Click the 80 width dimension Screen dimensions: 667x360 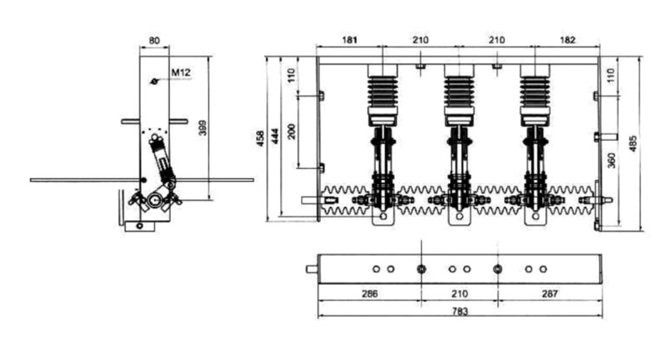click(x=154, y=41)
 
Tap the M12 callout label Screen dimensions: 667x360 click(x=181, y=72)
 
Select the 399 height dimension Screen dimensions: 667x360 click(x=203, y=128)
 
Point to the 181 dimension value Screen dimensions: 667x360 click(x=349, y=40)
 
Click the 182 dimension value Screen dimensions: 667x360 click(x=568, y=40)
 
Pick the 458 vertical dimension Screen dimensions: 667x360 click(x=260, y=138)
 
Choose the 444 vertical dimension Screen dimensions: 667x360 click(x=275, y=136)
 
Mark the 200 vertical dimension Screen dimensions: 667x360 click(x=291, y=132)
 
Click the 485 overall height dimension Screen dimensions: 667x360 click(x=633, y=143)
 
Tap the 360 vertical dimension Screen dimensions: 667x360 click(x=612, y=160)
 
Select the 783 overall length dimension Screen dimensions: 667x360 click(x=460, y=311)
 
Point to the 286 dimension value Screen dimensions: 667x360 click(x=369, y=293)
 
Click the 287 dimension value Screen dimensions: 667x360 click(x=549, y=293)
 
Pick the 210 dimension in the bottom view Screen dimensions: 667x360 click(x=460, y=293)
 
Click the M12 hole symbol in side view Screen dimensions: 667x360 click(x=155, y=81)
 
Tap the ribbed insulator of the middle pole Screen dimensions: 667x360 click(x=459, y=92)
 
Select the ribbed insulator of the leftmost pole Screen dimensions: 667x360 click(x=383, y=92)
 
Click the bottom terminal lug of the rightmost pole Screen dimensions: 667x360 click(x=535, y=217)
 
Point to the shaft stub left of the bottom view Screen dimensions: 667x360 click(x=312, y=269)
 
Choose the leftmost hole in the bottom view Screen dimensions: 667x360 click(x=376, y=269)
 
